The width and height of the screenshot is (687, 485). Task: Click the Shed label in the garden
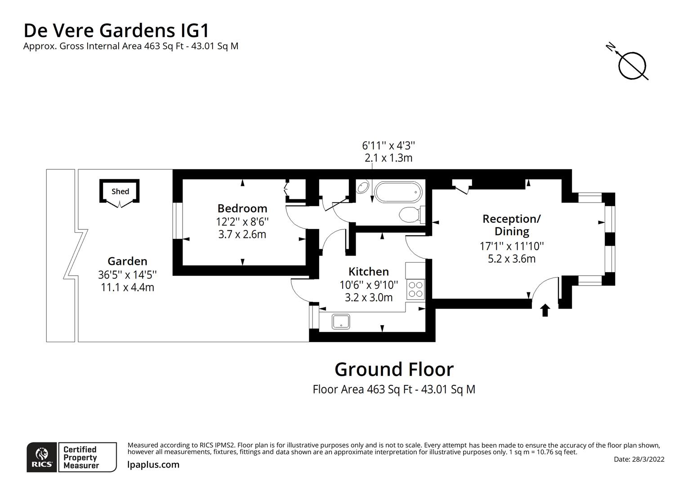pos(120,191)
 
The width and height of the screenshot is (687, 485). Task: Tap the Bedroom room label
pos(242,208)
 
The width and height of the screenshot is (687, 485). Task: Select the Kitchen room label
pos(369,272)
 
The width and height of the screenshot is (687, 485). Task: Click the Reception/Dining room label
pos(512,225)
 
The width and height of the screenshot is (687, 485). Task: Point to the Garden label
pos(127,261)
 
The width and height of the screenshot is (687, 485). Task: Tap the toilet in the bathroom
pos(410,215)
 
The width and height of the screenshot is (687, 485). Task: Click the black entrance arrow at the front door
pos(545,310)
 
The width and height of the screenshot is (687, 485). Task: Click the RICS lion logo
pos(42,457)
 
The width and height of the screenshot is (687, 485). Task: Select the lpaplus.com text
pos(153,465)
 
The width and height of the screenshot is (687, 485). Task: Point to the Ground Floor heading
pos(394,369)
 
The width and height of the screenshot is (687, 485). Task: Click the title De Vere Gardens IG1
pos(116,31)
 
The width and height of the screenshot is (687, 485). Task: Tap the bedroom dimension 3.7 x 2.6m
pos(242,234)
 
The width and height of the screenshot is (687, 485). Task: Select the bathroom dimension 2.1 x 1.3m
pos(388,158)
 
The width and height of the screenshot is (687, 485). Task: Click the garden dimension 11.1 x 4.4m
pos(127,287)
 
